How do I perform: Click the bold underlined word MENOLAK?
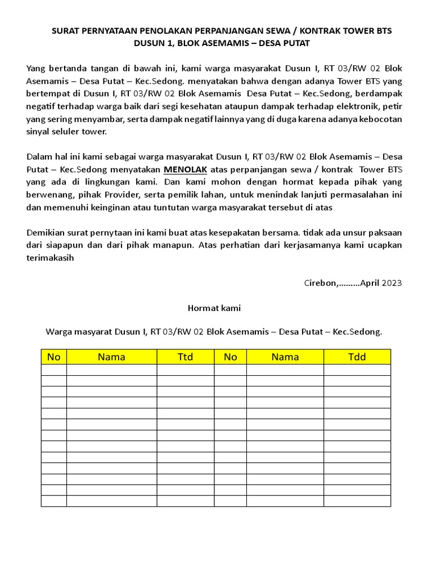point(185,169)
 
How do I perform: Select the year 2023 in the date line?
point(392,283)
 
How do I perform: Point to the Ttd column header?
point(185,357)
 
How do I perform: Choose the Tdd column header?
point(357,357)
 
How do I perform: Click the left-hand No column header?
point(53,357)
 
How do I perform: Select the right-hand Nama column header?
point(285,357)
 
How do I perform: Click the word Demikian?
point(45,232)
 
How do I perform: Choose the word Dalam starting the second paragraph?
point(39,156)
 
